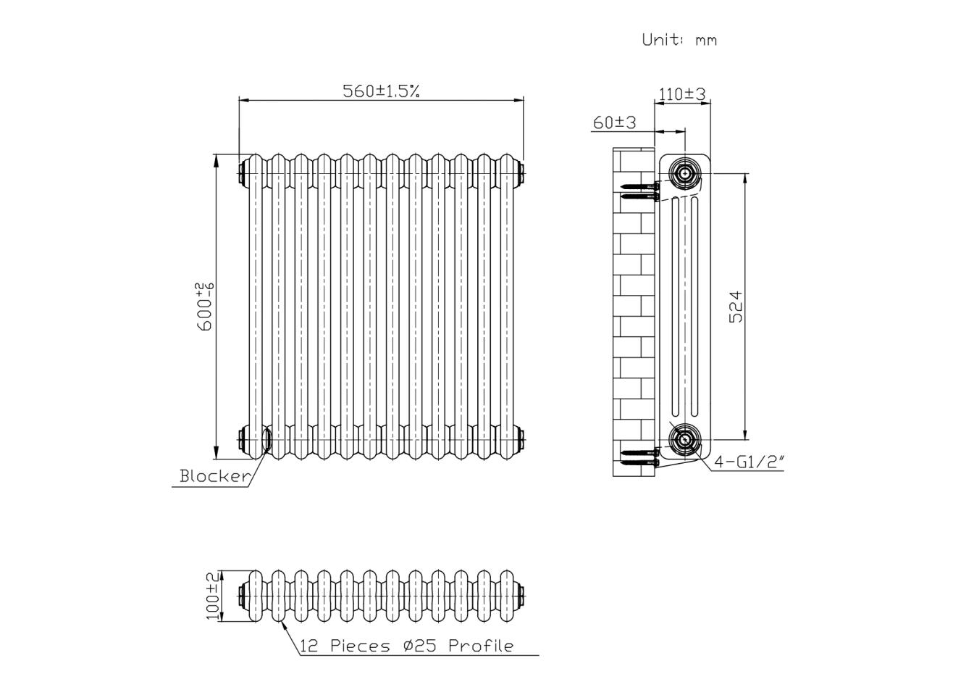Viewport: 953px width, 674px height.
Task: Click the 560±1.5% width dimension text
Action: pyautogui.click(x=381, y=91)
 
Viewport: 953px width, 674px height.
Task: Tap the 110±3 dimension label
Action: pyautogui.click(x=681, y=93)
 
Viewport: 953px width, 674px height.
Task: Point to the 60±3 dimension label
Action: pyautogui.click(x=614, y=122)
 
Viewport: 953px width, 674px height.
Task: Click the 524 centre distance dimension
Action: pyautogui.click(x=735, y=307)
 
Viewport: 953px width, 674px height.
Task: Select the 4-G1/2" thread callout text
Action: pyautogui.click(x=750, y=462)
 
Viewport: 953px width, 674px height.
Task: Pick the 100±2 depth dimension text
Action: pyautogui.click(x=213, y=596)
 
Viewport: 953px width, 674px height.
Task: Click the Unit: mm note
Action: pyautogui.click(x=679, y=40)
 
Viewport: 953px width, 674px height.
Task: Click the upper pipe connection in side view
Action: pyautogui.click(x=684, y=173)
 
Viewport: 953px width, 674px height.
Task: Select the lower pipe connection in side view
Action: pyautogui.click(x=684, y=439)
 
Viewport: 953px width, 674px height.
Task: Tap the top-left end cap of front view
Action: pyautogui.click(x=242, y=173)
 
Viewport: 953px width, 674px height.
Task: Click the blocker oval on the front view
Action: pyautogui.click(x=266, y=439)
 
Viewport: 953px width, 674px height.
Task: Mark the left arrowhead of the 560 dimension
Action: pyautogui.click(x=243, y=100)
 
